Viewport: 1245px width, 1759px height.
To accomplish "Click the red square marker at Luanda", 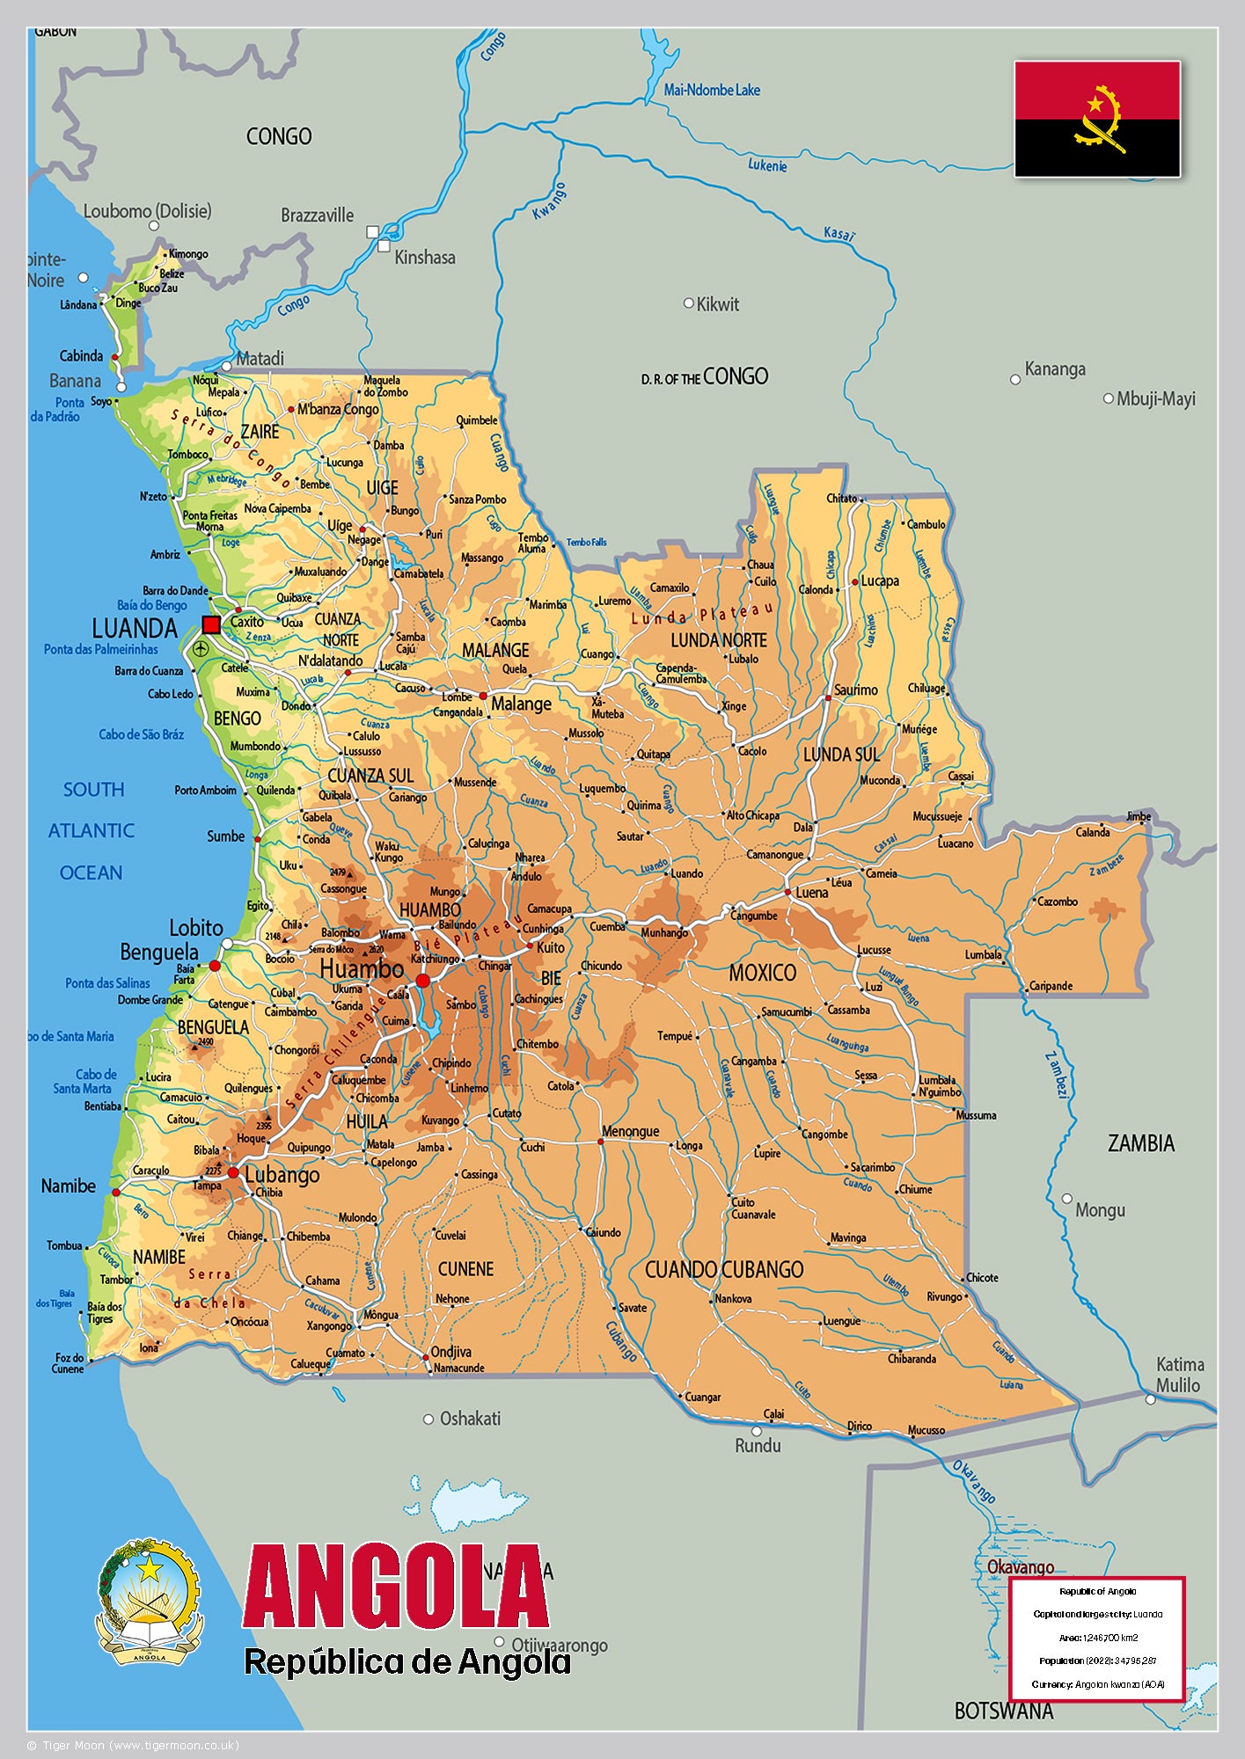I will click(211, 624).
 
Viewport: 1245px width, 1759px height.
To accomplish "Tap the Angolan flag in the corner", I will click(1096, 119).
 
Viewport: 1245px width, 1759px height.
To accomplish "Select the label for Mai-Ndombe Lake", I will click(711, 90).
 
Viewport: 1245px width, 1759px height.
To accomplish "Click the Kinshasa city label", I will click(425, 257).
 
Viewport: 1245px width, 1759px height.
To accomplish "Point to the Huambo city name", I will click(362, 969).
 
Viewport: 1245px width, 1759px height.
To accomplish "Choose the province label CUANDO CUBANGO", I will click(724, 1269).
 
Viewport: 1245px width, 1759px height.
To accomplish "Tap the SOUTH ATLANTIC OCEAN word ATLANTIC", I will click(92, 830).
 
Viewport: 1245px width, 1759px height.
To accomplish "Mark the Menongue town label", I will click(630, 1131).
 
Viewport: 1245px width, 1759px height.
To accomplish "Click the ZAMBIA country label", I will click(1140, 1143).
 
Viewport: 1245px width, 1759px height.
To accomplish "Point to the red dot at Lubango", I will click(233, 1172).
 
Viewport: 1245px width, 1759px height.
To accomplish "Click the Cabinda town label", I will click(81, 356).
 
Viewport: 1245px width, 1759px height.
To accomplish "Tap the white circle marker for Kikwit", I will click(689, 303).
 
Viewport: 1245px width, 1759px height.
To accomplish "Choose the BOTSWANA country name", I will click(1003, 1711).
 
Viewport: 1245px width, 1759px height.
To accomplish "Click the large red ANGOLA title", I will click(396, 1587).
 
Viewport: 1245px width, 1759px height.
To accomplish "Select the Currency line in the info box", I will click(1097, 1684).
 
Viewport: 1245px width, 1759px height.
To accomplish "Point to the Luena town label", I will click(811, 892).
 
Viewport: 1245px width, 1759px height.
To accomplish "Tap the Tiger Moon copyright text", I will click(132, 1745).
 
